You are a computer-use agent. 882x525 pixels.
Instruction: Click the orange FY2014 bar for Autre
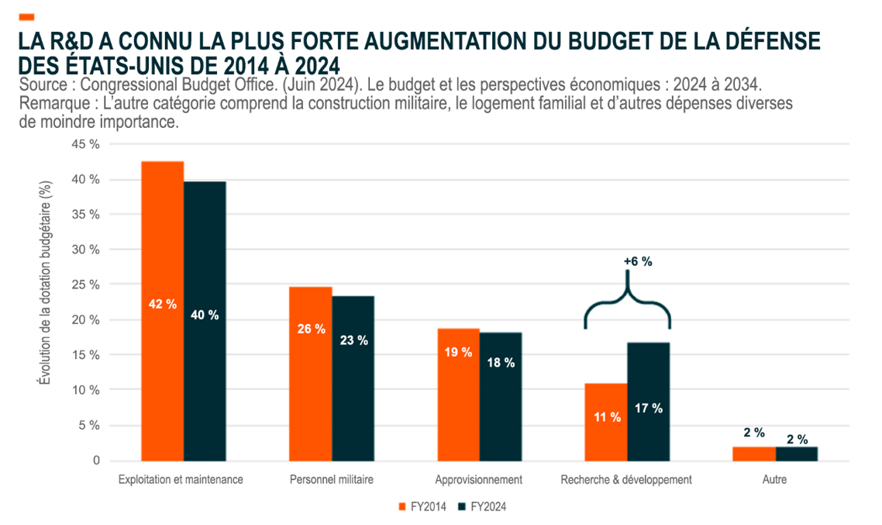(x=754, y=454)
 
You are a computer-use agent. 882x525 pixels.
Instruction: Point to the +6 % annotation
(x=638, y=262)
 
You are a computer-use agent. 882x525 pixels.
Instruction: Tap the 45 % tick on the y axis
(x=85, y=144)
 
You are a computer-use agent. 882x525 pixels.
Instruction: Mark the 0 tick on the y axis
(x=96, y=461)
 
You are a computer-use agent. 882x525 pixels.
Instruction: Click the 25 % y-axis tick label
(x=85, y=285)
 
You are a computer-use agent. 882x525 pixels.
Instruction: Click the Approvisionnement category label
(x=478, y=480)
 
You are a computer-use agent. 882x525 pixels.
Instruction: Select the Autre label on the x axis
(x=774, y=480)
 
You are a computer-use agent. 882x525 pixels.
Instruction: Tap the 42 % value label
(x=162, y=305)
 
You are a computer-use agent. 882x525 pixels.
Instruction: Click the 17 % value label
(x=649, y=409)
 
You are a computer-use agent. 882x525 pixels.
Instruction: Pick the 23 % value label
(x=353, y=340)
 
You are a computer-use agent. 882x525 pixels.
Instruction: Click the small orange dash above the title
(x=26, y=16)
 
